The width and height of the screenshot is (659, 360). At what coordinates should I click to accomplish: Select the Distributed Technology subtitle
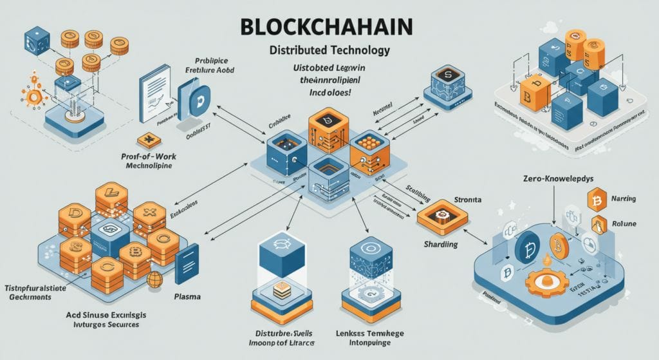pyautogui.click(x=328, y=50)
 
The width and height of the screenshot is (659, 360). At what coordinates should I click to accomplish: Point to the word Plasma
pyautogui.click(x=187, y=297)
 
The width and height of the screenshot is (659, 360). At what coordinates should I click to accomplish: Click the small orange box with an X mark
pyautogui.click(x=149, y=140)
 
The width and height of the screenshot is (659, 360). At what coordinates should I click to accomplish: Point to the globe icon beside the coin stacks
pyautogui.click(x=154, y=279)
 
